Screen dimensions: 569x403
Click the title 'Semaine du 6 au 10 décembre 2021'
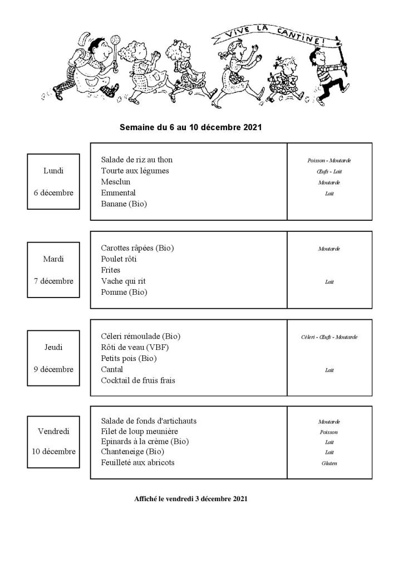click(190, 127)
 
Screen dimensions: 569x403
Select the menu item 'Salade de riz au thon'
click(137, 160)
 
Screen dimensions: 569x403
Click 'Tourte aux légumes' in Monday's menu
click(135, 171)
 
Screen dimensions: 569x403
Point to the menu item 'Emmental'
click(118, 193)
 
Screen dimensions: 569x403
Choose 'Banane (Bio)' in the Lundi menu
click(124, 204)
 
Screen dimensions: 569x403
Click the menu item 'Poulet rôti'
click(119, 259)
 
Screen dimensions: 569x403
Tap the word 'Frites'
click(110, 270)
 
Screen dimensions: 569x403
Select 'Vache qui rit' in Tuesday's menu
click(123, 281)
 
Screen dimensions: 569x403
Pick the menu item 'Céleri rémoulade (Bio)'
click(140, 337)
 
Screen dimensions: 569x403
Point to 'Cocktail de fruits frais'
click(138, 381)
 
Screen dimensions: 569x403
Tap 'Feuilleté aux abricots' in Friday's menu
click(137, 463)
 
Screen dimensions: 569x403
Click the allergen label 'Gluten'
click(329, 463)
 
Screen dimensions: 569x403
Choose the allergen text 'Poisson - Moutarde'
click(329, 160)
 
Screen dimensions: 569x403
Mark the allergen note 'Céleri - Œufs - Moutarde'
click(329, 337)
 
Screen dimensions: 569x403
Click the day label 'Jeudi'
click(53, 348)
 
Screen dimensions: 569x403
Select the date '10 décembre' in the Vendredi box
click(54, 452)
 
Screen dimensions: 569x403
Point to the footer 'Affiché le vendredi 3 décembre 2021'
click(190, 499)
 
